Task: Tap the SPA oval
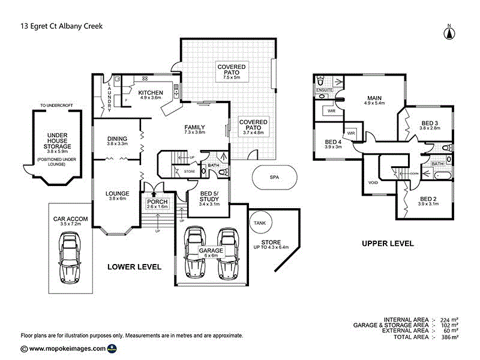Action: (x=274, y=178)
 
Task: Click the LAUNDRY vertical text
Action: (x=109, y=96)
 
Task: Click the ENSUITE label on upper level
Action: (x=324, y=91)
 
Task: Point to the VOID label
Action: (x=373, y=183)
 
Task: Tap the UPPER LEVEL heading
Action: (x=387, y=244)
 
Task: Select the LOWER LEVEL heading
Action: (x=134, y=266)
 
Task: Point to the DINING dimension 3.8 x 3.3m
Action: (x=117, y=144)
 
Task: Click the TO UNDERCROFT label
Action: (x=56, y=106)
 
